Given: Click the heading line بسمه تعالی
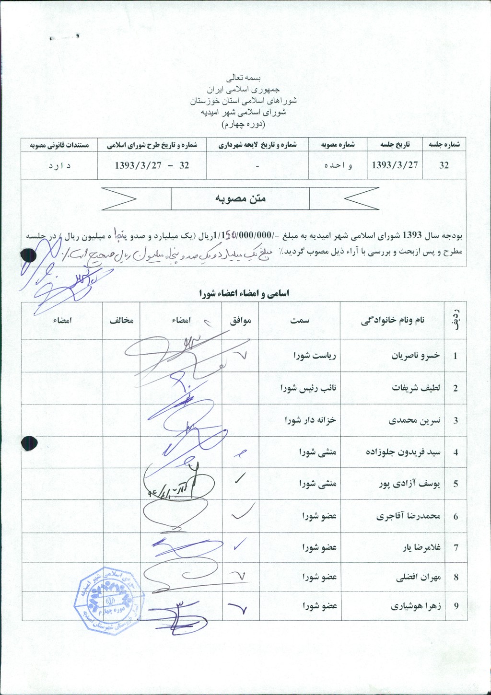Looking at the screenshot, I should [x=245, y=77].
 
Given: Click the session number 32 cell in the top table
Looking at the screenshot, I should [x=444, y=165].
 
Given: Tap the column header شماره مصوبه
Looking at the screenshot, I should [x=338, y=145].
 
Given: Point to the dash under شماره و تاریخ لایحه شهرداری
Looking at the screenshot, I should [x=257, y=165].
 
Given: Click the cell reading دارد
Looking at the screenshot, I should [x=59, y=165].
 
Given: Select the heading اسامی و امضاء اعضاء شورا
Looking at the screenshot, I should [x=244, y=293].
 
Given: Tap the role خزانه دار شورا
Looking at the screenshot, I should [x=310, y=420].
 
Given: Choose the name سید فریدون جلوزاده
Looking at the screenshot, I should [x=403, y=452].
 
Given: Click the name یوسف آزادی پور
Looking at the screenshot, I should [x=409, y=484].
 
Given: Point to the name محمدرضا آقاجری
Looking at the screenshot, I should [x=408, y=516].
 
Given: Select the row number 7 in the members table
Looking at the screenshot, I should [x=456, y=547].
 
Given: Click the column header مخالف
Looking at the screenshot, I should [x=121, y=321].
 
